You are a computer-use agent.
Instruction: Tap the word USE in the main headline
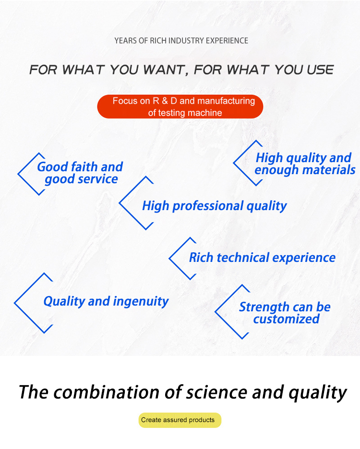(x=321, y=70)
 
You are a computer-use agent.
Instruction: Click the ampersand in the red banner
(x=165, y=101)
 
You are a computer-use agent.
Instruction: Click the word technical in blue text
(x=243, y=258)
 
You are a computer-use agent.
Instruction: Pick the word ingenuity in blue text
(x=141, y=302)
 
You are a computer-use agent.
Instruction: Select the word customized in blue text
(x=287, y=319)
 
